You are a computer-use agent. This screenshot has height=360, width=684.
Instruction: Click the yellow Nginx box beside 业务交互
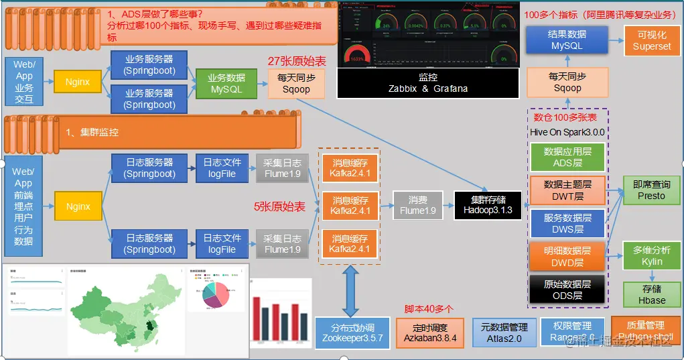coord(78,82)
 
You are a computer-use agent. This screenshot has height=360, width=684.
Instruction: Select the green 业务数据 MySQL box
coord(226,83)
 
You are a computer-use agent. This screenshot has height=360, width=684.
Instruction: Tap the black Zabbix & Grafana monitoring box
coord(428,83)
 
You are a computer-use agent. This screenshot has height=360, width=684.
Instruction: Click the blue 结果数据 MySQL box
coord(567,40)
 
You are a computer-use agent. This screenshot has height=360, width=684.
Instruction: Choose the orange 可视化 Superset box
coord(651,40)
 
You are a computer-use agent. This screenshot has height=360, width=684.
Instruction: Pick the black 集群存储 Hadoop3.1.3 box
coord(488,205)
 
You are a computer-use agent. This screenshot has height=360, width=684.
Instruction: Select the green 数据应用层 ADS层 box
coord(567,157)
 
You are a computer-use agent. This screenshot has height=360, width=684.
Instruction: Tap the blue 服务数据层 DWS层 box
coord(567,224)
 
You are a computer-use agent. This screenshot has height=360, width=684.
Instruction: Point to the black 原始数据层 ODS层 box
coord(567,290)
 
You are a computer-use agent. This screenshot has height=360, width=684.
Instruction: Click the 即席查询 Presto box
coord(651,190)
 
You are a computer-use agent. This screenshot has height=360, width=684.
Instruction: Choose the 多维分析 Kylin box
coord(651,255)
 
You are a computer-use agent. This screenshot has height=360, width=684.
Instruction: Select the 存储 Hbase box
coord(651,294)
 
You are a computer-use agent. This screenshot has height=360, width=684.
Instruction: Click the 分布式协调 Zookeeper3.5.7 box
coord(352,333)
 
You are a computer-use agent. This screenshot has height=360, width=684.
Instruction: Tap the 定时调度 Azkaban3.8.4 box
coord(430,333)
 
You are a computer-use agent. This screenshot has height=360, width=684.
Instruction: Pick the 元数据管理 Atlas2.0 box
coord(504,333)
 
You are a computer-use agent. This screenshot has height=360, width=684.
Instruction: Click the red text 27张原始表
coord(297,61)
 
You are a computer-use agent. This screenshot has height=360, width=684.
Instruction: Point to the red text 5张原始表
coord(279,206)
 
